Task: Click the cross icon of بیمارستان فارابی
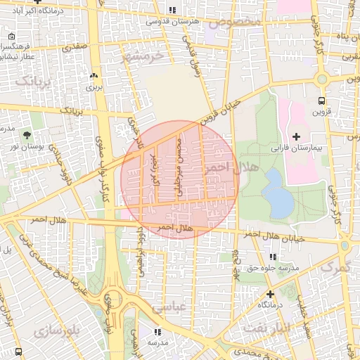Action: (x=295, y=136)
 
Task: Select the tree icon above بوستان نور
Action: (x=27, y=134)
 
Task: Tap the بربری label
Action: (x=94, y=88)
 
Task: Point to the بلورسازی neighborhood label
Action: (x=58, y=329)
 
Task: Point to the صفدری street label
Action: (x=74, y=48)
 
